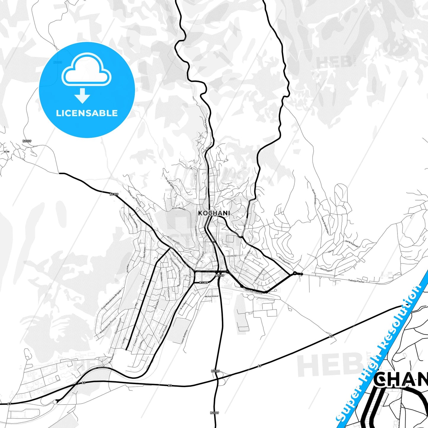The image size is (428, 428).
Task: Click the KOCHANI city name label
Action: click(214, 213)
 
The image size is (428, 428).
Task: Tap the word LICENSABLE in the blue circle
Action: click(87, 113)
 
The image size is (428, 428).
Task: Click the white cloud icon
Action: click(86, 70)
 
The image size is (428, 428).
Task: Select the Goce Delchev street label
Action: click(205, 194)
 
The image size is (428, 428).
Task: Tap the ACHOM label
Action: click(232, 256)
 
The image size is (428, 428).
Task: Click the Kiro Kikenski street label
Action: click(285, 260)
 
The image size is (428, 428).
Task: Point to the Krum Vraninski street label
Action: click(314, 197)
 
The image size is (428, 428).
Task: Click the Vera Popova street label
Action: click(326, 270)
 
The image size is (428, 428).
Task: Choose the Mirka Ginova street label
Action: click(211, 296)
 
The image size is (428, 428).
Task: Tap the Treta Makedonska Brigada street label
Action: click(111, 299)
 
